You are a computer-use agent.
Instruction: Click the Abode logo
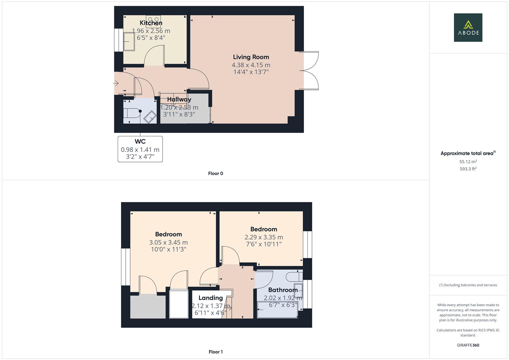(468, 28)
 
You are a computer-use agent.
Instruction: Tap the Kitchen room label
(151, 23)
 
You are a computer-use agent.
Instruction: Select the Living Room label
(251, 57)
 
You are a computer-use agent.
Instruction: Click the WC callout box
(140, 149)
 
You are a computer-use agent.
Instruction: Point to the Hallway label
(179, 99)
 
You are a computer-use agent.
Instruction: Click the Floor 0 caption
(215, 173)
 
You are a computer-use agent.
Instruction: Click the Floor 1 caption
(215, 352)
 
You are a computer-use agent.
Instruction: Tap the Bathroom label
(283, 290)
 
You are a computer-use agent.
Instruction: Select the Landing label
(210, 298)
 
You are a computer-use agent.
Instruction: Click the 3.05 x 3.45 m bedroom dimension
(168, 242)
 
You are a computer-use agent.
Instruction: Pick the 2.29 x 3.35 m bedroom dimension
(264, 237)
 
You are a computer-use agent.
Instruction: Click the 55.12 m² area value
(468, 162)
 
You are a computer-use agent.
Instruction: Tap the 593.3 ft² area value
(468, 169)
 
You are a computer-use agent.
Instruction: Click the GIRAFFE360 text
(468, 345)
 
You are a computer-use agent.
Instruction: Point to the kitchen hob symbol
(153, 19)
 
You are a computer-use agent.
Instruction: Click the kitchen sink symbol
(129, 41)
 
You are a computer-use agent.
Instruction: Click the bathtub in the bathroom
(277, 309)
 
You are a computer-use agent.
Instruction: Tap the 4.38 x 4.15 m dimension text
(251, 65)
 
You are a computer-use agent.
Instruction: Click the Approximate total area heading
(468, 153)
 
